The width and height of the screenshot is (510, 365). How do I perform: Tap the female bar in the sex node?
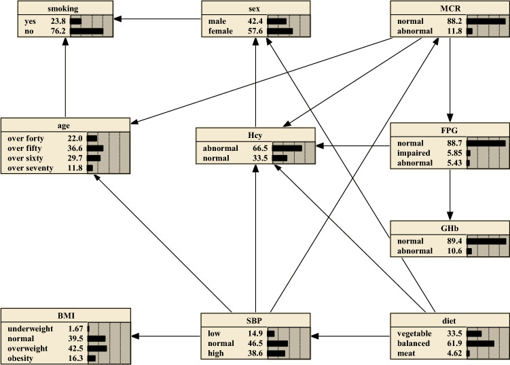click(x=280, y=31)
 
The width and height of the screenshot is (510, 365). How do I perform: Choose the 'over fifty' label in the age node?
click(x=25, y=147)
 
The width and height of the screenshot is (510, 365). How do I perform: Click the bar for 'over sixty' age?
click(x=93, y=158)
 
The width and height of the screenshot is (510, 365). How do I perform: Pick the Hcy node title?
click(x=255, y=134)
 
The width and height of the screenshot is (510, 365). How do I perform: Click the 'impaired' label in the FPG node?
click(x=414, y=154)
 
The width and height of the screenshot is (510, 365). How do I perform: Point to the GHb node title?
click(x=450, y=229)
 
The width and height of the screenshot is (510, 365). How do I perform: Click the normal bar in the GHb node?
click(x=486, y=241)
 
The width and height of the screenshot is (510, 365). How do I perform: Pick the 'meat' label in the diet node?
click(x=406, y=353)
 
